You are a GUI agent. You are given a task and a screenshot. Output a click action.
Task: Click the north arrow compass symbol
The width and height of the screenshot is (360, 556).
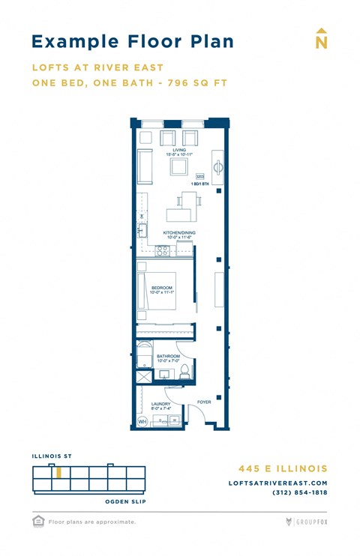tap(321, 40)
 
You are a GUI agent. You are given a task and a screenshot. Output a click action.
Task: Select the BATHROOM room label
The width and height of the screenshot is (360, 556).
tap(168, 357)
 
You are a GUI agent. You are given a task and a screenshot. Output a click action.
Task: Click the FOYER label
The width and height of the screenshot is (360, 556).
tap(204, 402)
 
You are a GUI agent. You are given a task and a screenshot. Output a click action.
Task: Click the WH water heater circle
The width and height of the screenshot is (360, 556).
tap(142, 422)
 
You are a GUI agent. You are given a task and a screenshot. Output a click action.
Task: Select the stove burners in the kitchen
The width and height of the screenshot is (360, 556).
tap(162, 250)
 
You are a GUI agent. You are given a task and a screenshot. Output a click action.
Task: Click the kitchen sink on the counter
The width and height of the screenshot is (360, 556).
tap(142, 230)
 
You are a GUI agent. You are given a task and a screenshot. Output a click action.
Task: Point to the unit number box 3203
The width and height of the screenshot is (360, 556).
tap(199, 176)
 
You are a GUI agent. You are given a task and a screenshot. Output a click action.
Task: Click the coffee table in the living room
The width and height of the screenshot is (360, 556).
tap(179, 167)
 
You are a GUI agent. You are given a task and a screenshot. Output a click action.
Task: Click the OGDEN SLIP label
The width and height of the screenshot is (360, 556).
tap(124, 501)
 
